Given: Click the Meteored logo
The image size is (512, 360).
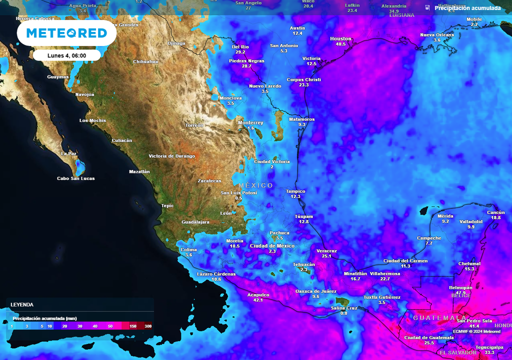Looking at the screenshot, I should [x=66, y=33].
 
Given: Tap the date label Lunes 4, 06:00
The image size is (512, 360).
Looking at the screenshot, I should [x=66, y=55].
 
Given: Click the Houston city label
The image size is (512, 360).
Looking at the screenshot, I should [x=340, y=38].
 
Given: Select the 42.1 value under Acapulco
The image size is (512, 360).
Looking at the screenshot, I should [x=258, y=300].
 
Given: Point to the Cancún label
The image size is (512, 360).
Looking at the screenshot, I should [x=496, y=212].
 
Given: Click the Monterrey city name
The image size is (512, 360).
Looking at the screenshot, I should [x=250, y=122].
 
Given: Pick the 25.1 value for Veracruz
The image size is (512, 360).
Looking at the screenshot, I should [x=327, y=256].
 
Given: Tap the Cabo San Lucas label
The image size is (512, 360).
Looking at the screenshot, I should [x=75, y=178].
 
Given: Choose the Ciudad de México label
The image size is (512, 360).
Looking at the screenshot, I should [x=272, y=246].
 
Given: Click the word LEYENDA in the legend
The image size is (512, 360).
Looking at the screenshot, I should [x=22, y=304].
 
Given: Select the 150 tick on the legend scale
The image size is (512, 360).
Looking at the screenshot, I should [x=133, y=326].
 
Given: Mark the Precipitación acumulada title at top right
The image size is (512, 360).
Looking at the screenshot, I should [x=467, y=8].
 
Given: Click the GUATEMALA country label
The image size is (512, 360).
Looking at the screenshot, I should [x=439, y=318].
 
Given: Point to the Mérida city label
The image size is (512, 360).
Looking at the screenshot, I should [x=445, y=215].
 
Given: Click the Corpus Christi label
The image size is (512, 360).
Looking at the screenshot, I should [x=303, y=79].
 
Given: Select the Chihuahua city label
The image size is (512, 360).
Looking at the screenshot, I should [x=145, y=61].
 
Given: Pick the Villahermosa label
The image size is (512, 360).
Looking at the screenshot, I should [x=385, y=273].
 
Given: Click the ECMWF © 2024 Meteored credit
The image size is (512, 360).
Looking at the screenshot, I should [x=476, y=331].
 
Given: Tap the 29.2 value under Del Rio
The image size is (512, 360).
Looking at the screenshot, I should [x=240, y=52].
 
